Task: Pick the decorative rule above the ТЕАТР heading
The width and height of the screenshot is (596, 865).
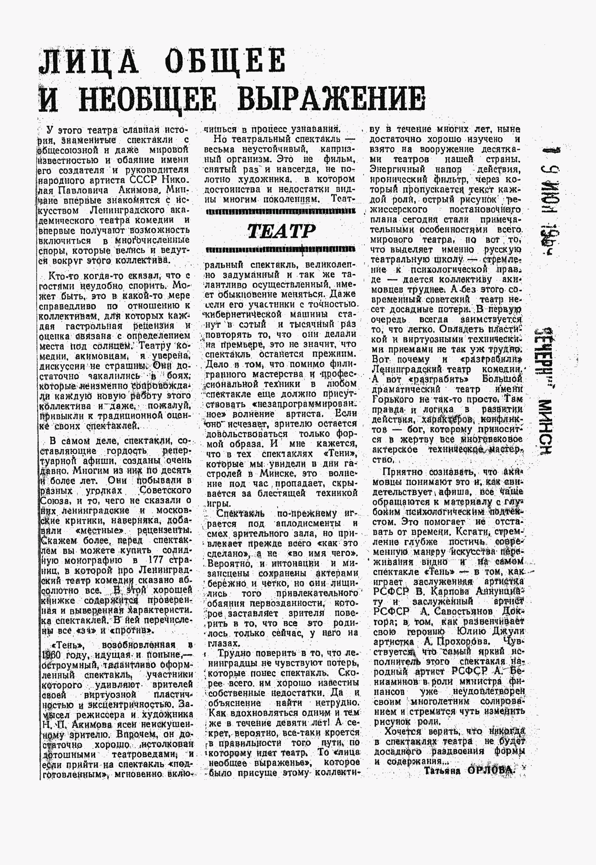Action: [280, 211]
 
